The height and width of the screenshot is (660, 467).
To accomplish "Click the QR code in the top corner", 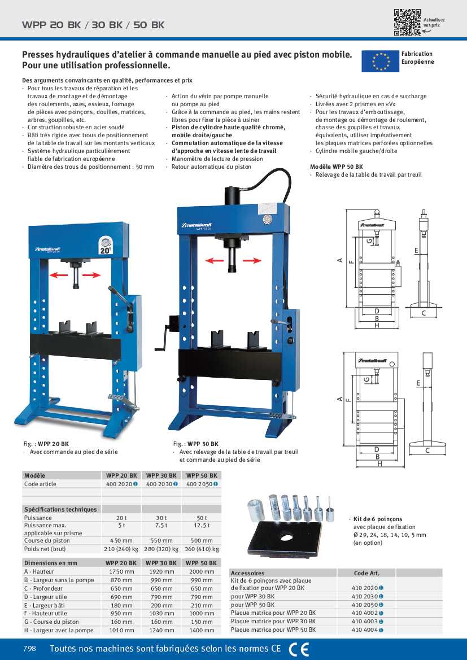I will point(407,23).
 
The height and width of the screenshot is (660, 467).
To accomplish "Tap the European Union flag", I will point(380,61).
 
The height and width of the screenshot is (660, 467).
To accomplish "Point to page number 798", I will point(29,649).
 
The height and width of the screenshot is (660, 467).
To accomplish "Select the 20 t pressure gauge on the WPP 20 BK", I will point(105,244).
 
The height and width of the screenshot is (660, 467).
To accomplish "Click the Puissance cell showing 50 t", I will point(202,518).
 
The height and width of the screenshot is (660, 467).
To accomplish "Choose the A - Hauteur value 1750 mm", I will point(121,571).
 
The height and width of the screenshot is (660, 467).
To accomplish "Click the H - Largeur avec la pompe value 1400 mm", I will point(202,630).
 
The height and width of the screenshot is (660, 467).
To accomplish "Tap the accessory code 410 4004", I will point(365,630).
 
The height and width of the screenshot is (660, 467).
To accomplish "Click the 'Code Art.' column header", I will point(366,572).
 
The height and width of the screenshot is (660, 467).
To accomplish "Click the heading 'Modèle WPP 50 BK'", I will point(337,167).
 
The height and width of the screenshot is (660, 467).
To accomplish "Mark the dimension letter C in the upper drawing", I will point(423,313).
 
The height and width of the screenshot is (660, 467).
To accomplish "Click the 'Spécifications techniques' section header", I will point(60,509).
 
